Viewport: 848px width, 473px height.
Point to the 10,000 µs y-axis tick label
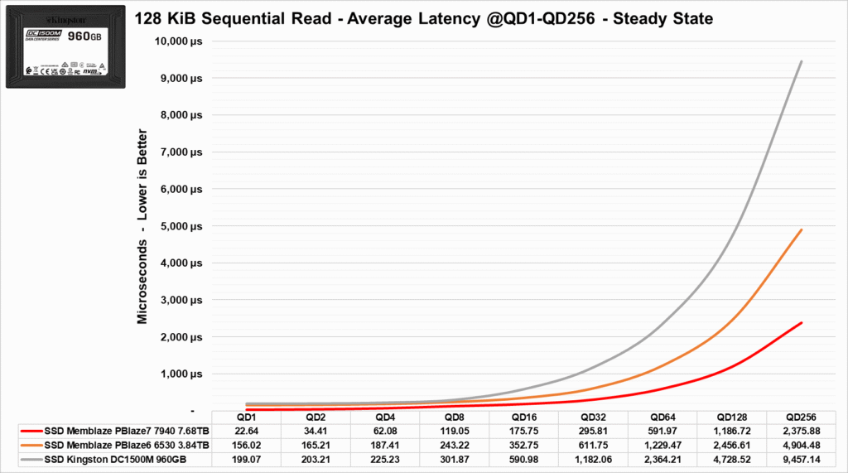178,41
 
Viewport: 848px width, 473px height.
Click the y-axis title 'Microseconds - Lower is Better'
142,226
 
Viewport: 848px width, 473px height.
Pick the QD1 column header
246,417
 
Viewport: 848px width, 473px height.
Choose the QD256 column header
801,417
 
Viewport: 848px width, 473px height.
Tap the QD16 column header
523,417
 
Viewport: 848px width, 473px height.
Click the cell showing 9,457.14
801,460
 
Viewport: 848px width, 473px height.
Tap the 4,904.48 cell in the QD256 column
801,445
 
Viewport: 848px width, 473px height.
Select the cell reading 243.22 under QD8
454,445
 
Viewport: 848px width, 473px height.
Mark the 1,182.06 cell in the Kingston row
593,460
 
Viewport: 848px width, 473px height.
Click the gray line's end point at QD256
801,61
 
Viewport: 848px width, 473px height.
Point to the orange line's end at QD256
801,229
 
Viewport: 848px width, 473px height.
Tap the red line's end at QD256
801,323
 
